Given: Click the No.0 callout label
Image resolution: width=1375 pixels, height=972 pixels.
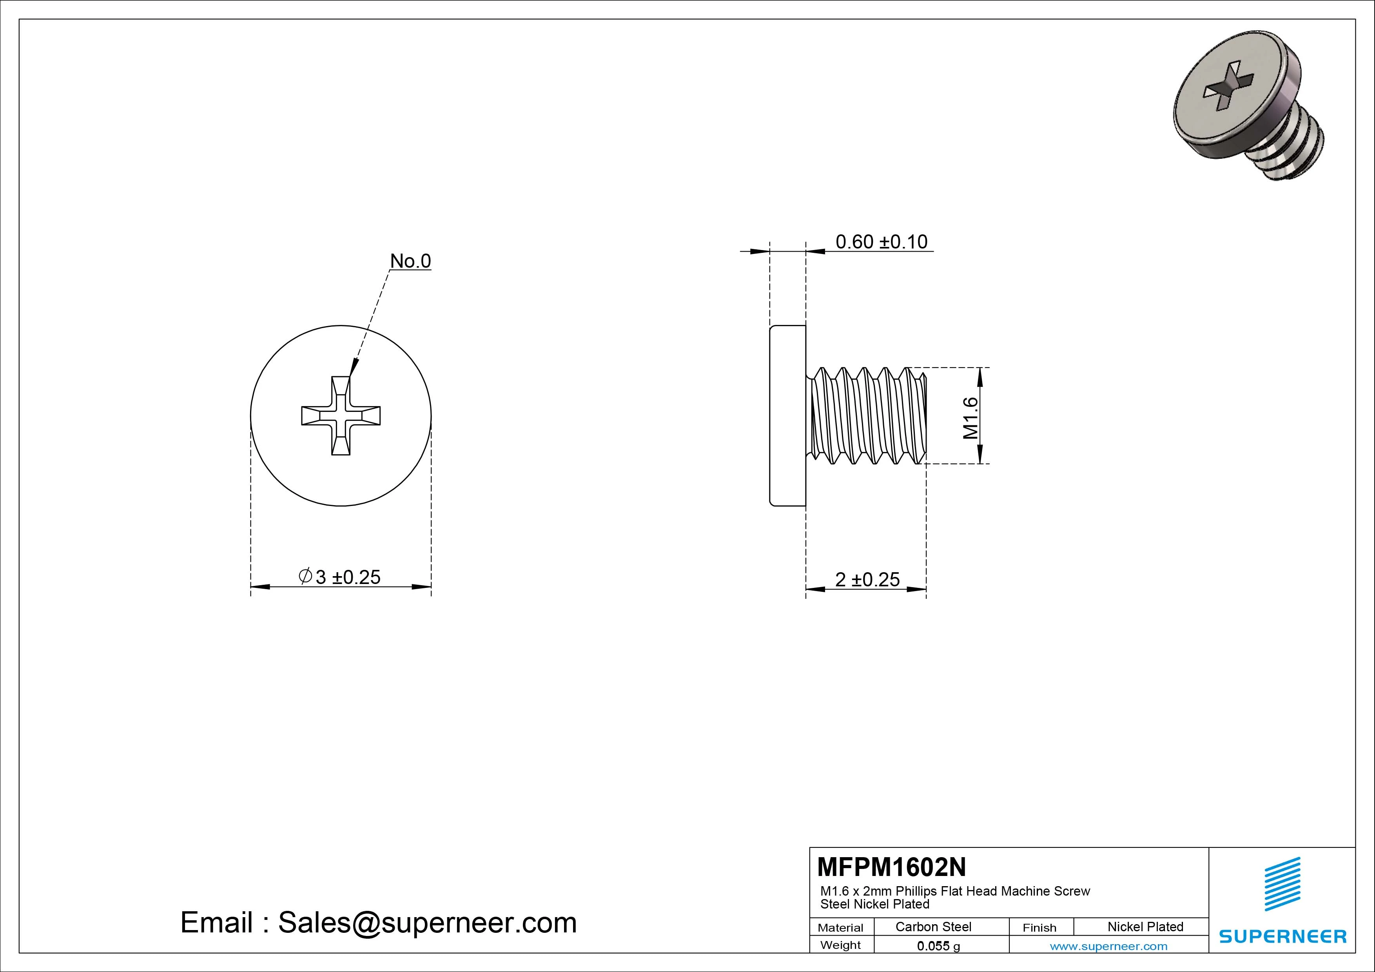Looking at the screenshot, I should (410, 261).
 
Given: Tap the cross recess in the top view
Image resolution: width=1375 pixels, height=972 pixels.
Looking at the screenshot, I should (341, 415).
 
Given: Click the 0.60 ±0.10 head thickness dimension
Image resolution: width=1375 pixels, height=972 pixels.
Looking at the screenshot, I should (881, 241).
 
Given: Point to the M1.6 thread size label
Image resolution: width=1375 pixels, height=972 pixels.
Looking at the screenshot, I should (970, 418).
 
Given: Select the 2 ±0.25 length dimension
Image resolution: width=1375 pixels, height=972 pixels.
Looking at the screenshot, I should (867, 579).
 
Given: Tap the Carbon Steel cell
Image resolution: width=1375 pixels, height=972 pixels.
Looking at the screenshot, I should (933, 927).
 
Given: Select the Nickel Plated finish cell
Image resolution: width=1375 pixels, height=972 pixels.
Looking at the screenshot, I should (1145, 927).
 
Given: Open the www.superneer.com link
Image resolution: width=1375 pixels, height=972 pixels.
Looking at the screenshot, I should (1108, 946).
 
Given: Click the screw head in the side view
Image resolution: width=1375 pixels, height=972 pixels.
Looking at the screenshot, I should (787, 415).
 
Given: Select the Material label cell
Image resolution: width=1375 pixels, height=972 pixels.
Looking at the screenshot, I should (840, 928).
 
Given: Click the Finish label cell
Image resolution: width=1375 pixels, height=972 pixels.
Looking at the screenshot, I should (1039, 928).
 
